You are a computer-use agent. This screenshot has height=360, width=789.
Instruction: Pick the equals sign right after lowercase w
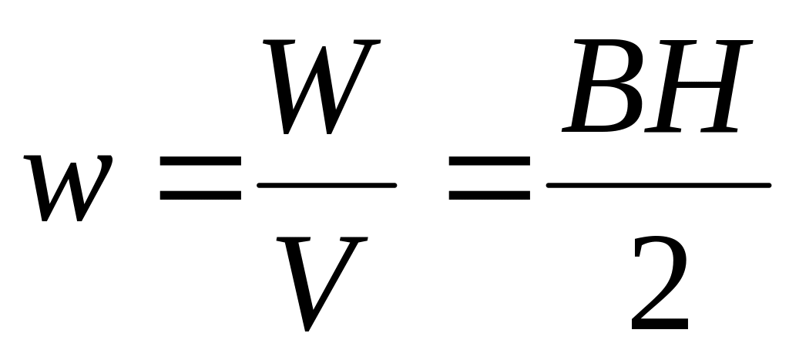200,178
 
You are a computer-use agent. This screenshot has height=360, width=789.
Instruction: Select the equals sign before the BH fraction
489,178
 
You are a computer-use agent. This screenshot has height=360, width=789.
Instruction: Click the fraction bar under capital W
327,185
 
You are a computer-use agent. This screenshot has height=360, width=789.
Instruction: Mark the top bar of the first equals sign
200,163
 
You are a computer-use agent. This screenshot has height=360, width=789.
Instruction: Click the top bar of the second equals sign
489,163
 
